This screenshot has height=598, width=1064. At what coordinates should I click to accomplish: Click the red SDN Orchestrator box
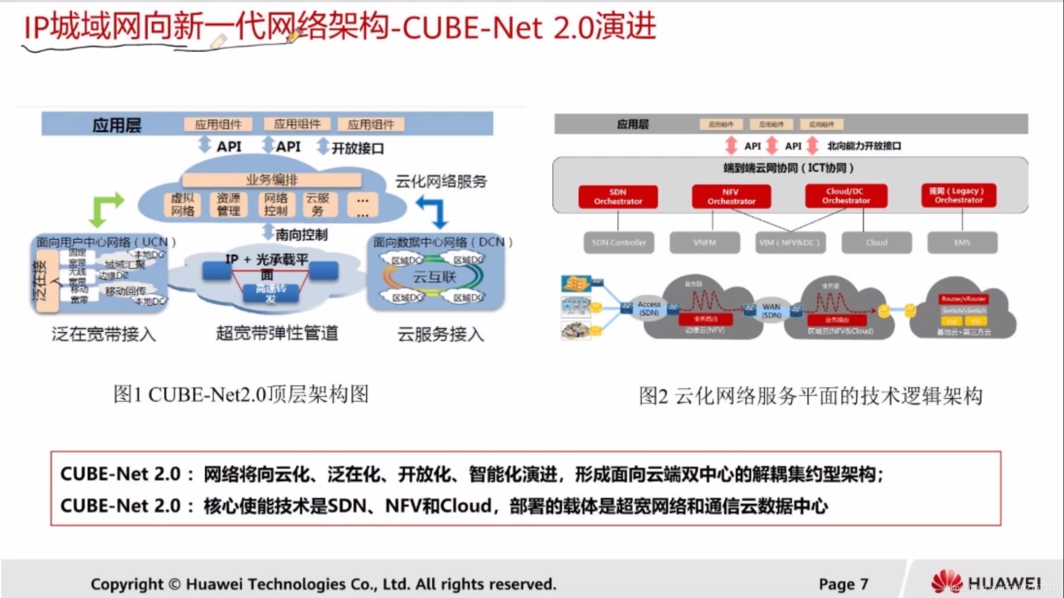click(x=618, y=197)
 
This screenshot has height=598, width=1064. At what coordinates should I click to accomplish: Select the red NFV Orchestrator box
click(x=731, y=197)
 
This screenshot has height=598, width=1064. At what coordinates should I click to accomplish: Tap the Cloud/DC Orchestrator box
click(x=845, y=196)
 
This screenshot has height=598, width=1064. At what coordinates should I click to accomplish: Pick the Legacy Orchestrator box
click(x=959, y=195)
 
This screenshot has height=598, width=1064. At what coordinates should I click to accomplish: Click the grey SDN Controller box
click(x=619, y=242)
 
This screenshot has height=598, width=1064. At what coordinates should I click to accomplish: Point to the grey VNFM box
click(x=705, y=242)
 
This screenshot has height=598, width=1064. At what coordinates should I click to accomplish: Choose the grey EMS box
click(x=962, y=242)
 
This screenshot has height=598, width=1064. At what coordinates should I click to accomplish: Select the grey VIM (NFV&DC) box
click(x=790, y=242)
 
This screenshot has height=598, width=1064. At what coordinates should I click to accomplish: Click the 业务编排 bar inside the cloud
click(x=272, y=180)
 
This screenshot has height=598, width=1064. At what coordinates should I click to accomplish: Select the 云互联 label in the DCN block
click(x=434, y=277)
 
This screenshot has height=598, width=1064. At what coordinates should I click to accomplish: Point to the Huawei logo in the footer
click(x=946, y=582)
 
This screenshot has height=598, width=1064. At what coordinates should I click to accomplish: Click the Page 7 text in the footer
click(x=843, y=584)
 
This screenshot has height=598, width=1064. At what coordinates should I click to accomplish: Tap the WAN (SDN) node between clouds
click(x=771, y=310)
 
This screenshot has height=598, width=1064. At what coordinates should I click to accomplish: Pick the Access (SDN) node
click(x=649, y=308)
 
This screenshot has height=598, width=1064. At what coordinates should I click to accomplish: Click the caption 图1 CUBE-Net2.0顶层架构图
click(x=241, y=394)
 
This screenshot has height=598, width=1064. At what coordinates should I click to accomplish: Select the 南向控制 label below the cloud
click(x=301, y=234)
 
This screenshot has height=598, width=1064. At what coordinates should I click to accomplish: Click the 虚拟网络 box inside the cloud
click(x=182, y=205)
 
